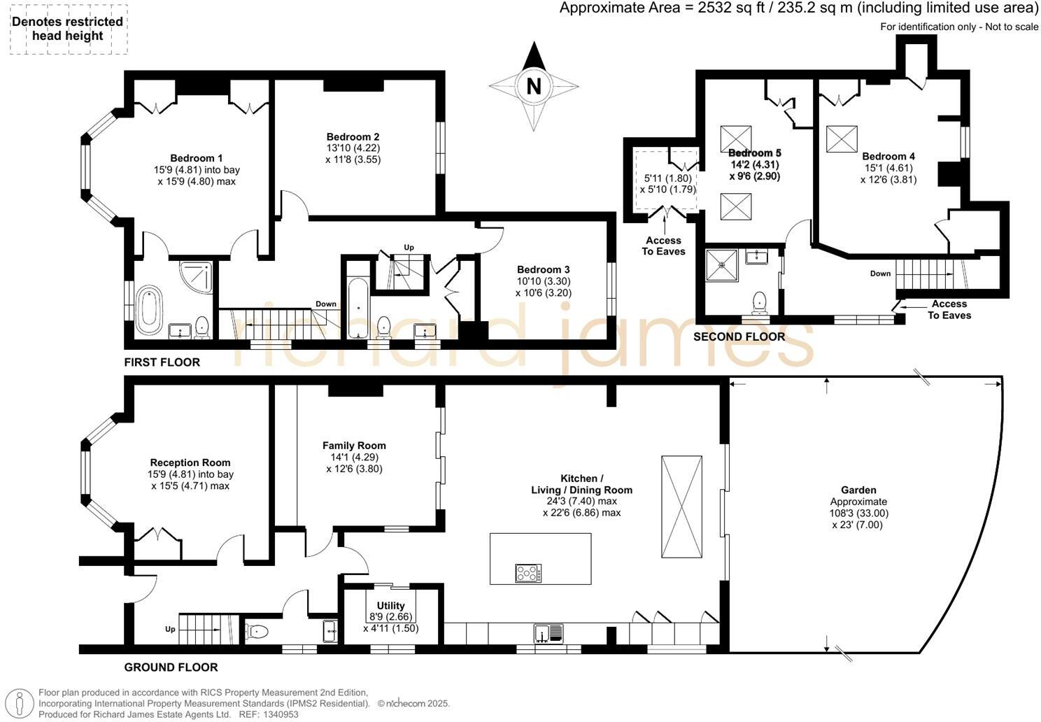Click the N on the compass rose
tap(534, 87)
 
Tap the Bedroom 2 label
tap(353, 136)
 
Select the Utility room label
tap(390, 606)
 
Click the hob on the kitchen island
tap(528, 573)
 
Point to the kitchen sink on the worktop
tap(548, 633)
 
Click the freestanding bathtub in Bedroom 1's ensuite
tap(149, 310)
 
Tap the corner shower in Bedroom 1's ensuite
tap(196, 278)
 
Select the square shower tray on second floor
tap(721, 265)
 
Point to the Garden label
tap(858, 490)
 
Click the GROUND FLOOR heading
tap(171, 667)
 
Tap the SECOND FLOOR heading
tap(739, 337)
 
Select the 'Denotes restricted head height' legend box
tap(69, 29)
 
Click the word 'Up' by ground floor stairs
tap(170, 629)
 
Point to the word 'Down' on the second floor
tap(880, 274)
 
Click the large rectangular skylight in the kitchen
tap(682, 507)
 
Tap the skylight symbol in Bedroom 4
tap(842, 139)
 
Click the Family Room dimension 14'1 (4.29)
tap(354, 457)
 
